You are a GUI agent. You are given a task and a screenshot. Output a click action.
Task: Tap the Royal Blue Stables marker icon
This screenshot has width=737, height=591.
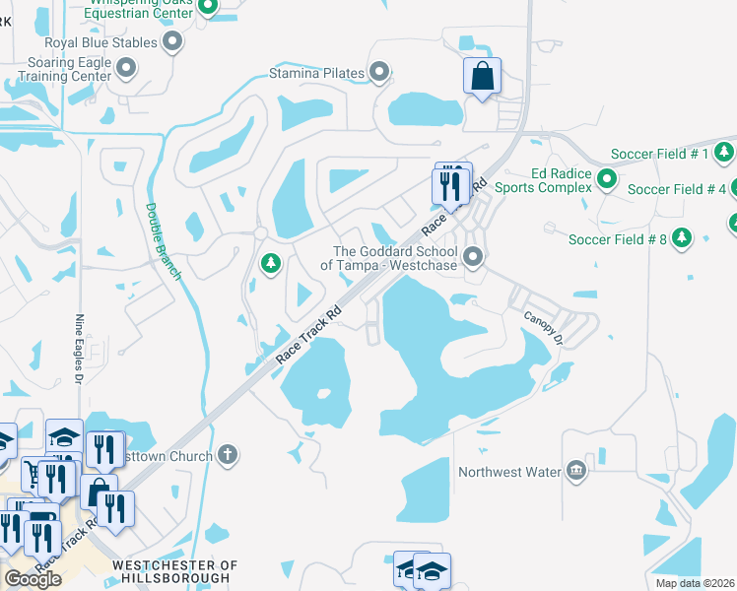(x=173, y=42)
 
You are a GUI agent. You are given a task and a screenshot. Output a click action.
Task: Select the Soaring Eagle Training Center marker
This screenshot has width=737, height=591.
(x=126, y=67)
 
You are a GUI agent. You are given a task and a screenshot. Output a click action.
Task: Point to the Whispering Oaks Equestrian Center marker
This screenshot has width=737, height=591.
(x=208, y=8)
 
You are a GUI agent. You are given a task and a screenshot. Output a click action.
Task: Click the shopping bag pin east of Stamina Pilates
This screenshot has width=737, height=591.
(x=482, y=76)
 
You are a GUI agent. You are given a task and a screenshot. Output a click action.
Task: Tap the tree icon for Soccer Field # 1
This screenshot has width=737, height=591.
(x=724, y=153)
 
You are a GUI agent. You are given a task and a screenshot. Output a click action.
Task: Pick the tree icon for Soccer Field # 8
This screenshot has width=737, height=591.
(x=681, y=238)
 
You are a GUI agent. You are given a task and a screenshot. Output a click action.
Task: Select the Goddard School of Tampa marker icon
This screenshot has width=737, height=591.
(x=474, y=257)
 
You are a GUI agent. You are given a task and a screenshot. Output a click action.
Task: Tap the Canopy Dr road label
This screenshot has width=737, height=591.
(x=543, y=326)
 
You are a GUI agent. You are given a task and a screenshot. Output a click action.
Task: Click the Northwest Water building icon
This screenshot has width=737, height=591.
(x=576, y=471)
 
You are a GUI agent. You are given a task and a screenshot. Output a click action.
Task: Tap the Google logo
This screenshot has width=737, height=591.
(x=33, y=579)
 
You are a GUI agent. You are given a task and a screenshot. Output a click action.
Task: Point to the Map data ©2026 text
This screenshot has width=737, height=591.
(x=695, y=583)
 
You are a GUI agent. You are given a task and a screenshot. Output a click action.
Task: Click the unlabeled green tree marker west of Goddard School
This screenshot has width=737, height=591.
(x=271, y=264)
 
